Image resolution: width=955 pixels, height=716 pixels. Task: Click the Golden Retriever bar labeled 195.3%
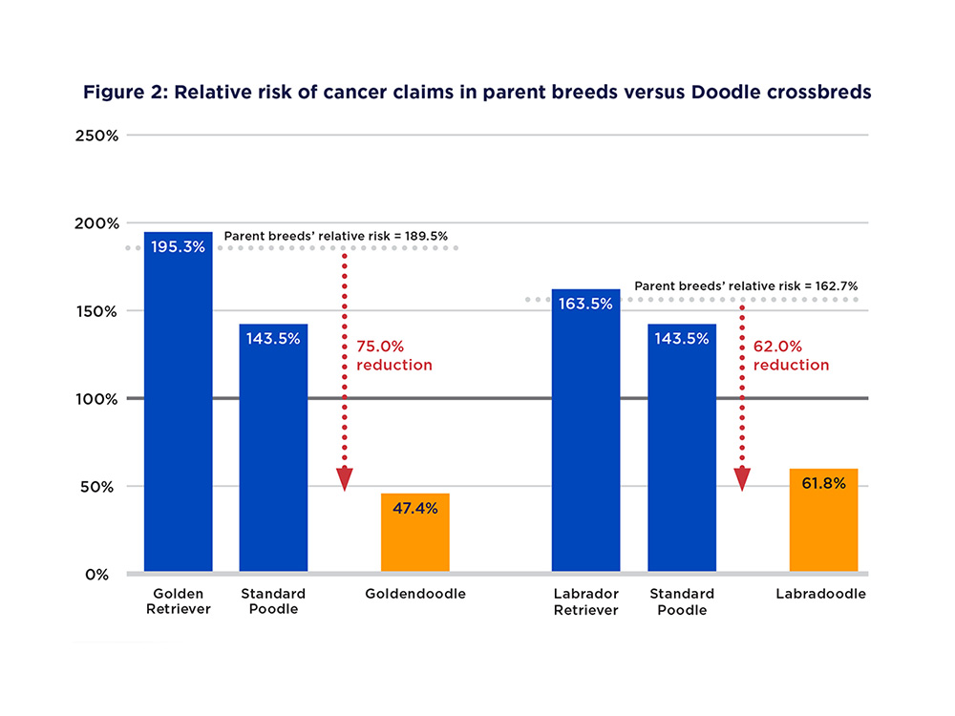178,401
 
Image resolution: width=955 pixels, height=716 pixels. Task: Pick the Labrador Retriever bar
585,430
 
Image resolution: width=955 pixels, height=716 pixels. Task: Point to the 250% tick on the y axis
96,136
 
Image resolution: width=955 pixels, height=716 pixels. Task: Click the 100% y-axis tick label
96,399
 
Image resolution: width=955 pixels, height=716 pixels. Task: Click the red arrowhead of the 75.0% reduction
345,479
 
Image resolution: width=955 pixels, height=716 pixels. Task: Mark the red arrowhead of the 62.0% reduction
742,479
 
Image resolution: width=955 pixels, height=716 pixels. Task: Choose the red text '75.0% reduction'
394,356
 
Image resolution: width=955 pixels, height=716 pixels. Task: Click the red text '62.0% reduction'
792,356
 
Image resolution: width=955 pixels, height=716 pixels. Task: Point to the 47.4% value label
414,508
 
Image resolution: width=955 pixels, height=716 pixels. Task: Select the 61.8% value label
823,484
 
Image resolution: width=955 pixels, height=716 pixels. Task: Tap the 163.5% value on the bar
585,305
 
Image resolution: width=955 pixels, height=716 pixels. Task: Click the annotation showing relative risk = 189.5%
335,235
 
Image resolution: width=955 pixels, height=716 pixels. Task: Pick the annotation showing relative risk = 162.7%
732,285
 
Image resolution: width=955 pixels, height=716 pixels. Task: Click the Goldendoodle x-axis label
415,594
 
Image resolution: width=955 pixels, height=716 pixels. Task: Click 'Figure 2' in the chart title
118,93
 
